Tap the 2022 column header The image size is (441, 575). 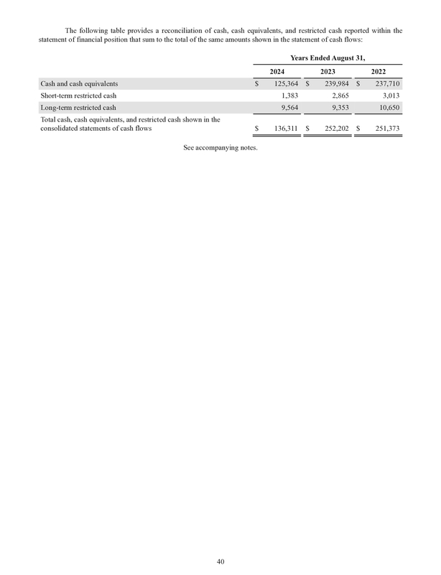[379, 72]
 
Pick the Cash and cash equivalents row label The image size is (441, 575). [79, 84]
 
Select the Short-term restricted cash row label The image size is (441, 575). [78, 96]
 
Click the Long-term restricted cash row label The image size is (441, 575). [78, 107]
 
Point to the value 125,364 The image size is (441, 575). [282, 84]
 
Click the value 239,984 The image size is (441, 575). [333, 84]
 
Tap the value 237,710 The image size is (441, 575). [384, 84]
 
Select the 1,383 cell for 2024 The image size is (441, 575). [289, 96]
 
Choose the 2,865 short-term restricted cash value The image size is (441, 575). [339, 96]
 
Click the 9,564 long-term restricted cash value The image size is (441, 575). [289, 107]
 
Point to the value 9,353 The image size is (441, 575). [339, 107]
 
